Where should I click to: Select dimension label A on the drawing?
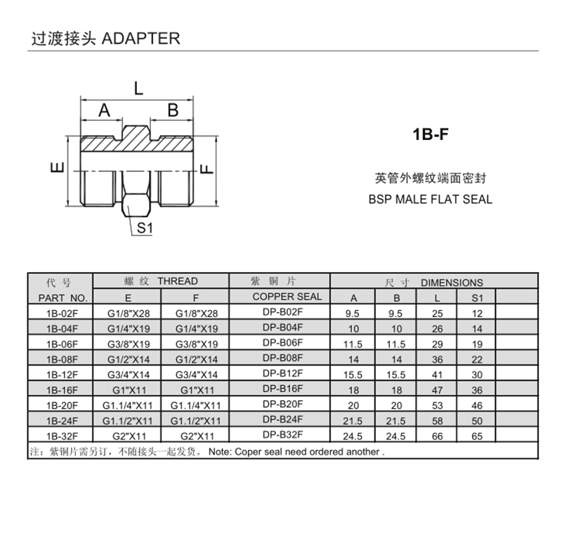click(x=104, y=110)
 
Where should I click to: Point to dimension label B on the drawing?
click(x=173, y=110)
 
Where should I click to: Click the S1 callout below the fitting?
click(x=145, y=228)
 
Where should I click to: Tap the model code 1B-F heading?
click(x=430, y=134)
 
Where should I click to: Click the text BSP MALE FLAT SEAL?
click(x=430, y=199)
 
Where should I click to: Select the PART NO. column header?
click(x=59, y=297)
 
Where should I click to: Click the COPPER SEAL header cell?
click(x=287, y=296)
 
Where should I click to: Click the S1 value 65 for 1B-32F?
click(x=478, y=436)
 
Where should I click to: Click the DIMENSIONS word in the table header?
click(x=452, y=283)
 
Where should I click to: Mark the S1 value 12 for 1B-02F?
click(x=478, y=313)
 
